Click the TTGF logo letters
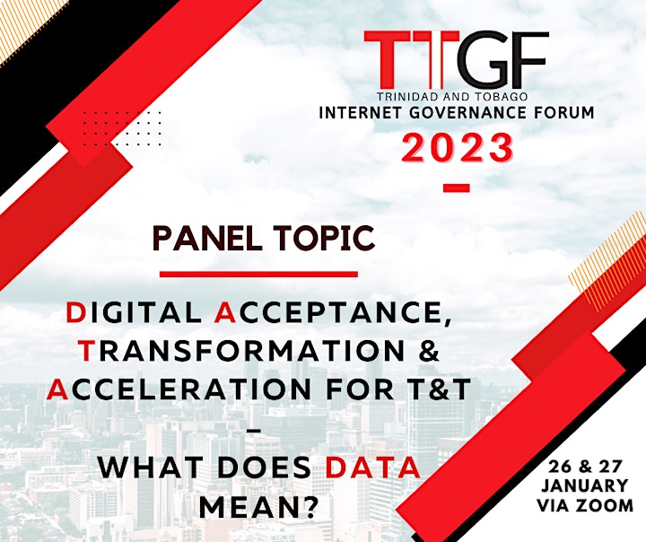pyautogui.click(x=457, y=61)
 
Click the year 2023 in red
pyautogui.click(x=458, y=147)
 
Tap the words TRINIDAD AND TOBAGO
pyautogui.click(x=452, y=97)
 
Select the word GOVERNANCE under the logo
pyautogui.click(x=467, y=112)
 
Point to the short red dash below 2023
pyautogui.click(x=456, y=188)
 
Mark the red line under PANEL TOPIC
pyautogui.click(x=258, y=274)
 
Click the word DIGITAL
pyautogui.click(x=133, y=313)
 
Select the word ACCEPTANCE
pyautogui.click(x=329, y=314)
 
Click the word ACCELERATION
pyautogui.click(x=181, y=389)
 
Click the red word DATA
pyautogui.click(x=372, y=468)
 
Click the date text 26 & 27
pyautogui.click(x=585, y=468)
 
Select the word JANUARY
pyautogui.click(x=585, y=485)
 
